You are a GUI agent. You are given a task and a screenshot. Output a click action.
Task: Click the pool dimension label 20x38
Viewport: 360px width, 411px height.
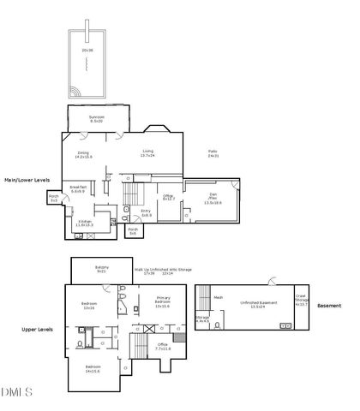[x=87, y=51]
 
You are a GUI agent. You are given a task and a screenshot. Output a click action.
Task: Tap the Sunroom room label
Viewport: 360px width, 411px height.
[x=96, y=118]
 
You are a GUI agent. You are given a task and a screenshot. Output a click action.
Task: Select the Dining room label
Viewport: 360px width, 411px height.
[x=84, y=155]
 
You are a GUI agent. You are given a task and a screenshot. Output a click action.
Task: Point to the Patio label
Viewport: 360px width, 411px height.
[x=213, y=153]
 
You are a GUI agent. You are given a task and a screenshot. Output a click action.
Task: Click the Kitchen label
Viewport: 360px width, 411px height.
[x=86, y=222]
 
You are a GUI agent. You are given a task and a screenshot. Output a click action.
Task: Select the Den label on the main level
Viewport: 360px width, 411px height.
[x=212, y=198]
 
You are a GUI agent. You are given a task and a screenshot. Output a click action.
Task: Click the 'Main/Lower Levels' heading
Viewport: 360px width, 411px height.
[x=27, y=180]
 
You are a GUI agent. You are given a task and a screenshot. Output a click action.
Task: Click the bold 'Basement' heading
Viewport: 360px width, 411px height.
[x=329, y=306]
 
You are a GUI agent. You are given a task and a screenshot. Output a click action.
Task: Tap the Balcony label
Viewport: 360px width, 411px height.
[x=102, y=268]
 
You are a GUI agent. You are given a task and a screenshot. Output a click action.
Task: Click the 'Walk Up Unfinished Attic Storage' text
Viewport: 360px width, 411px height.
[x=163, y=270]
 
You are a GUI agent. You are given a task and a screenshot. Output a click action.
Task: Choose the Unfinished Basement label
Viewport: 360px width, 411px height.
[x=256, y=303]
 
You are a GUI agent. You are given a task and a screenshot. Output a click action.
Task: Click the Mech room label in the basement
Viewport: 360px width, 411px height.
[x=218, y=297]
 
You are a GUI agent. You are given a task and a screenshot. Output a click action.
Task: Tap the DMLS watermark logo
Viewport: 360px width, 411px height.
[x=16, y=392]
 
